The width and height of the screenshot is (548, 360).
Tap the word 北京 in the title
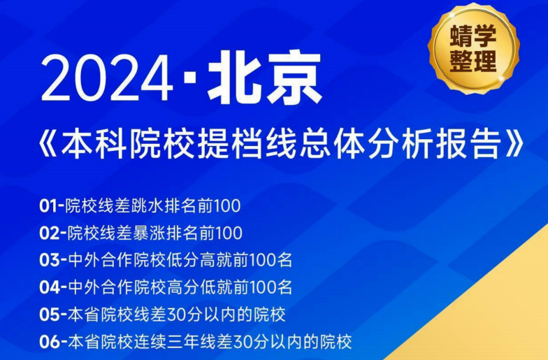coord(265,79)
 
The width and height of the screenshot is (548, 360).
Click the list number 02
coord(50,233)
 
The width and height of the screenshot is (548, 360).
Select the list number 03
coord(50,260)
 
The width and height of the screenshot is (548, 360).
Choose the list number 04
coord(50,287)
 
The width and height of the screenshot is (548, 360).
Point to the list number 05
coord(50,314)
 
